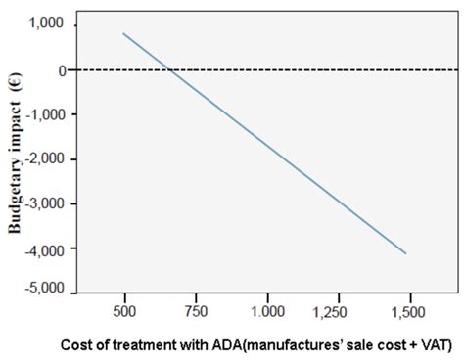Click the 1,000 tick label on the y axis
pos(46,24)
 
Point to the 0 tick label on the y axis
pos(60,70)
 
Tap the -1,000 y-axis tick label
pos(43,114)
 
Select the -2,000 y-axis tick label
pos(43,158)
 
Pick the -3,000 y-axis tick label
pos(43,203)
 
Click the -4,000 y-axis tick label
pos(43,248)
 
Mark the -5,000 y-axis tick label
pos(43,291)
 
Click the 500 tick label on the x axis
pos(123,310)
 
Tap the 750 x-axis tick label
pos(195,310)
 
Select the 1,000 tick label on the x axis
pos(266,310)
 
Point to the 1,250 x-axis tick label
pos(338,310)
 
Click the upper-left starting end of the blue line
pos(123,33)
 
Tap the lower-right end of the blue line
pos(405,253)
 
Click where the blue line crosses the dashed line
pos(170,70)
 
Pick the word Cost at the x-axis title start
pos(77,344)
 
